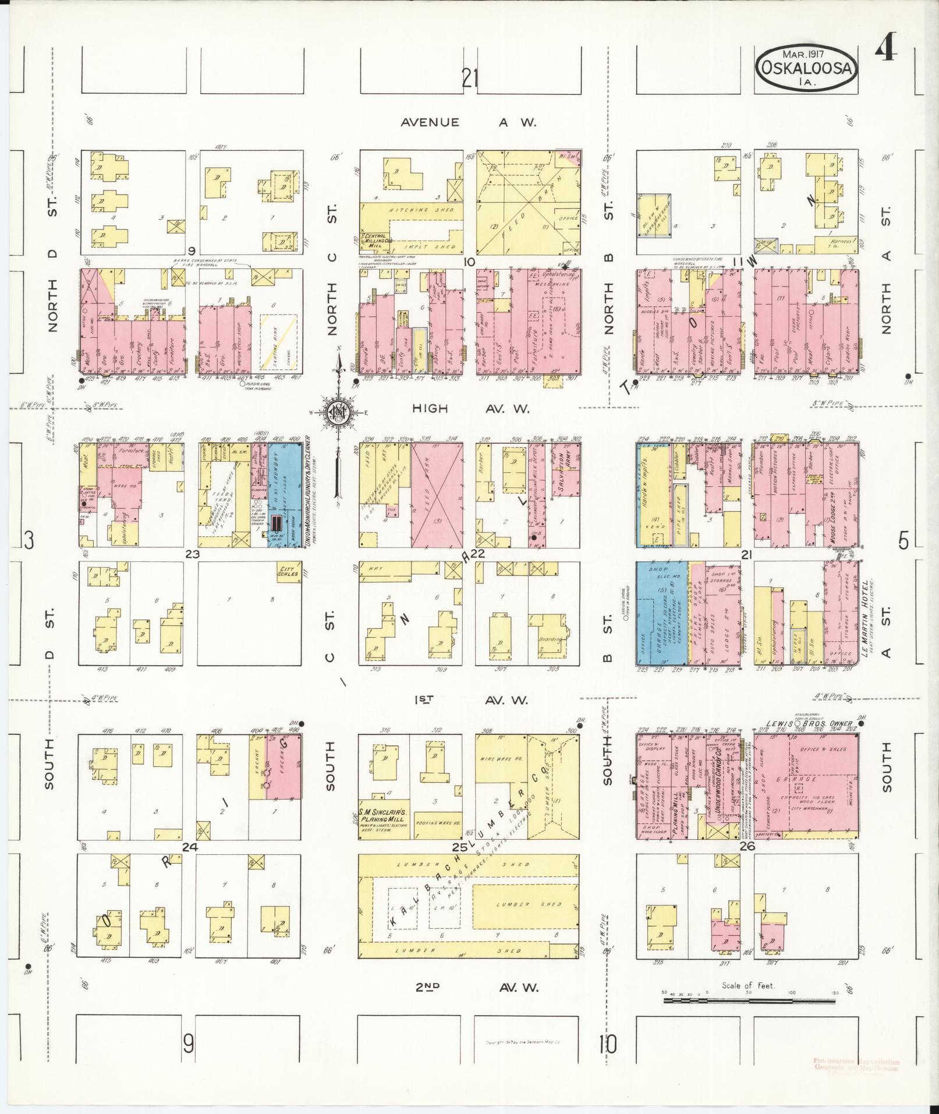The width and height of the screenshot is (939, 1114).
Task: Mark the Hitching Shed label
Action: [411, 210]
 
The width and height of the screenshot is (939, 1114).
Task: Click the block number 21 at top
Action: [469, 77]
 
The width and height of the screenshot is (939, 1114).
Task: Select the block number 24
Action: [190, 847]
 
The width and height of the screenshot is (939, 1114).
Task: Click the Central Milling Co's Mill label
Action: [378, 241]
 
